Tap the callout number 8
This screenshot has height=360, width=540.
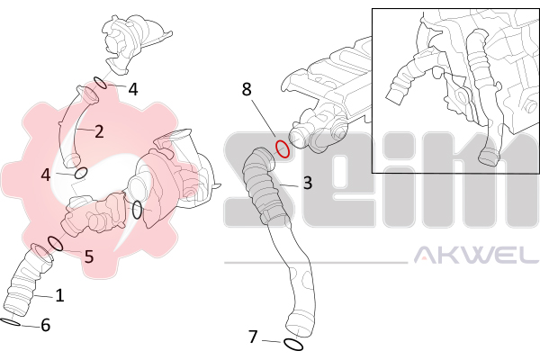[247, 89]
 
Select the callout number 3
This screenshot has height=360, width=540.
[308, 183]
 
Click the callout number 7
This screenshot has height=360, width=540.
[253, 337]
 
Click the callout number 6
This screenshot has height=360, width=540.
[46, 325]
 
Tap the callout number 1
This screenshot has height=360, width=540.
[60, 295]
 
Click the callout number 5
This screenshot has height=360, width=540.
[89, 256]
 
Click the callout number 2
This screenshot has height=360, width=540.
[99, 132]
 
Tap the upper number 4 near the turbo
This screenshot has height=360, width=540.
[133, 90]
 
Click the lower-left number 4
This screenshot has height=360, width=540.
[46, 175]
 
